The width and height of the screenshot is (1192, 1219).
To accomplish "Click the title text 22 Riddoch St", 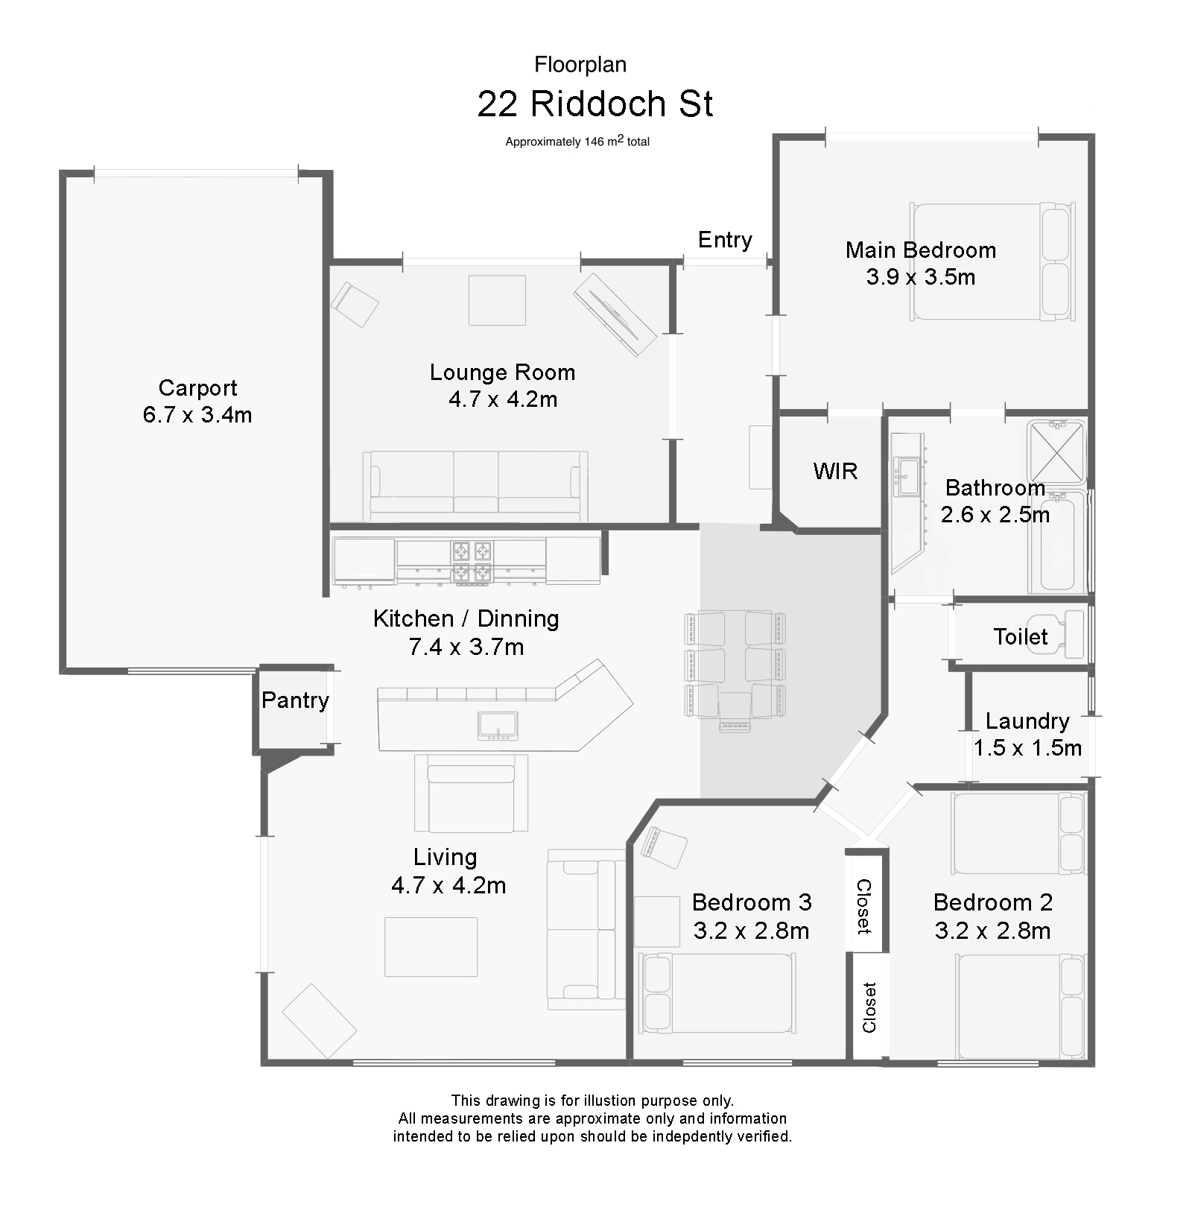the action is point(595,104).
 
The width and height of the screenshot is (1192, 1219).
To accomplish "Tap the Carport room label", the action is point(197,387).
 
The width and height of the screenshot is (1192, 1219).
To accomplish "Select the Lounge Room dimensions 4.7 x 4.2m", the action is point(503,399).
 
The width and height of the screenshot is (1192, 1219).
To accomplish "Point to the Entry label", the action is point(725,240).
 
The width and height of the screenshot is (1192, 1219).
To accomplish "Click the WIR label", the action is point(835,471).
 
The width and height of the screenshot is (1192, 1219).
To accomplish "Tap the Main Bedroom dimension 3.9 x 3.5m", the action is point(921,277).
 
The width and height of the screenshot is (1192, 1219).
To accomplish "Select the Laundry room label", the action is point(1027,721).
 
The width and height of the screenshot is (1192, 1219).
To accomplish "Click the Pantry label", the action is point(295,700).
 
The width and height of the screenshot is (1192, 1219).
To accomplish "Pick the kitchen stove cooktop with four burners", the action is point(472,561).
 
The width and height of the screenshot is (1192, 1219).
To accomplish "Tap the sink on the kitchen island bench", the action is point(498,726).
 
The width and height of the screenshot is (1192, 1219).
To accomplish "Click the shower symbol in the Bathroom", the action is point(1056,452).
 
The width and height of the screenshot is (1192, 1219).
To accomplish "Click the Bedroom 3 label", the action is point(752,902).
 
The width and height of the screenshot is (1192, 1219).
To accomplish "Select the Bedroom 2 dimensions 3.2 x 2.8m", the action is point(993,931).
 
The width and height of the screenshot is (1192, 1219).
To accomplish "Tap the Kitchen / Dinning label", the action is point(466,618).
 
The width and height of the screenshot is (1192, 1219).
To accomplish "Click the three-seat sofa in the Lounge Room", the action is point(475,485).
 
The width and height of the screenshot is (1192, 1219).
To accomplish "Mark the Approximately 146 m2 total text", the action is point(577,141).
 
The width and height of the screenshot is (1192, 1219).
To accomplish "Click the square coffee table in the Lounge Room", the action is point(497,300).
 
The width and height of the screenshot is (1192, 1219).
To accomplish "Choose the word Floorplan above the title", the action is point(580,65).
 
